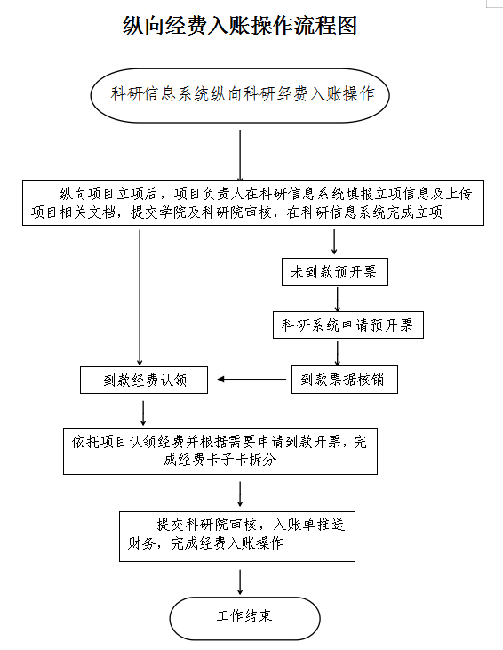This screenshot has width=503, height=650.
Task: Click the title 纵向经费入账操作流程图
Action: [240, 25]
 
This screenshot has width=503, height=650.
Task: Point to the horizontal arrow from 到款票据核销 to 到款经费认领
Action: [251, 379]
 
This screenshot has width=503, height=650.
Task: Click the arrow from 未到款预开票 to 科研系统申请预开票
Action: [338, 300]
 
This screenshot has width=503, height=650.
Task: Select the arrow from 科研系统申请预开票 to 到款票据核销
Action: [338, 354]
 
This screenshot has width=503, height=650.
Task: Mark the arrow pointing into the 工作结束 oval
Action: [240, 582]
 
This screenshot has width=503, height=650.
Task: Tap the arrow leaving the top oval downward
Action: [240, 155]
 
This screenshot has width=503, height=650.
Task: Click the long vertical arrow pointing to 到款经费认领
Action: [140, 298]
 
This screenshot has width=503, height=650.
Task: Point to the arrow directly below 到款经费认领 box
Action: [143, 413]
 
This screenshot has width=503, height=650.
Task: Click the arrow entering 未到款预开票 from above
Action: [334, 242]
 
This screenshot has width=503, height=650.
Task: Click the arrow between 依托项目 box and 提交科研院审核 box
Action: [240, 494]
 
